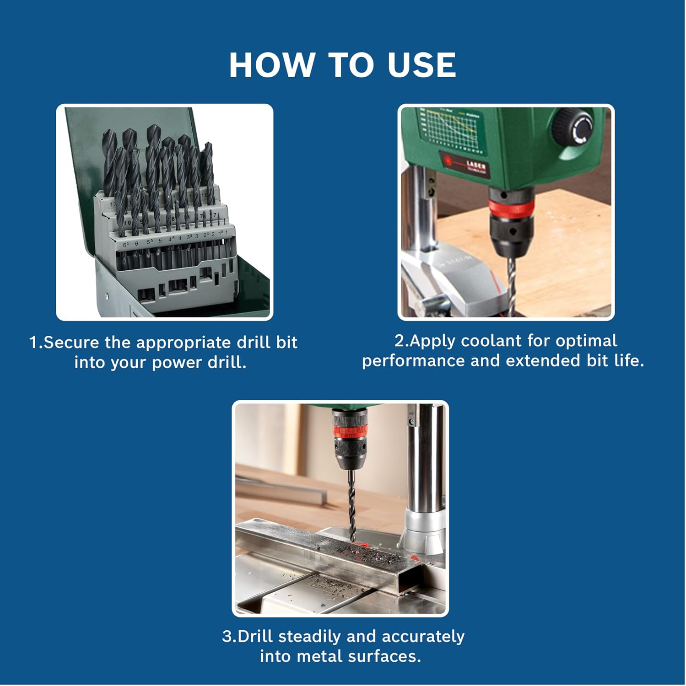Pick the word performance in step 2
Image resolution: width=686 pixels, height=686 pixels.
414,361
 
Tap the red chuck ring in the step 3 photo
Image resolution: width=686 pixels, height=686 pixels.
350,431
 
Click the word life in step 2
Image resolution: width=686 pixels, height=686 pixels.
629,361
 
